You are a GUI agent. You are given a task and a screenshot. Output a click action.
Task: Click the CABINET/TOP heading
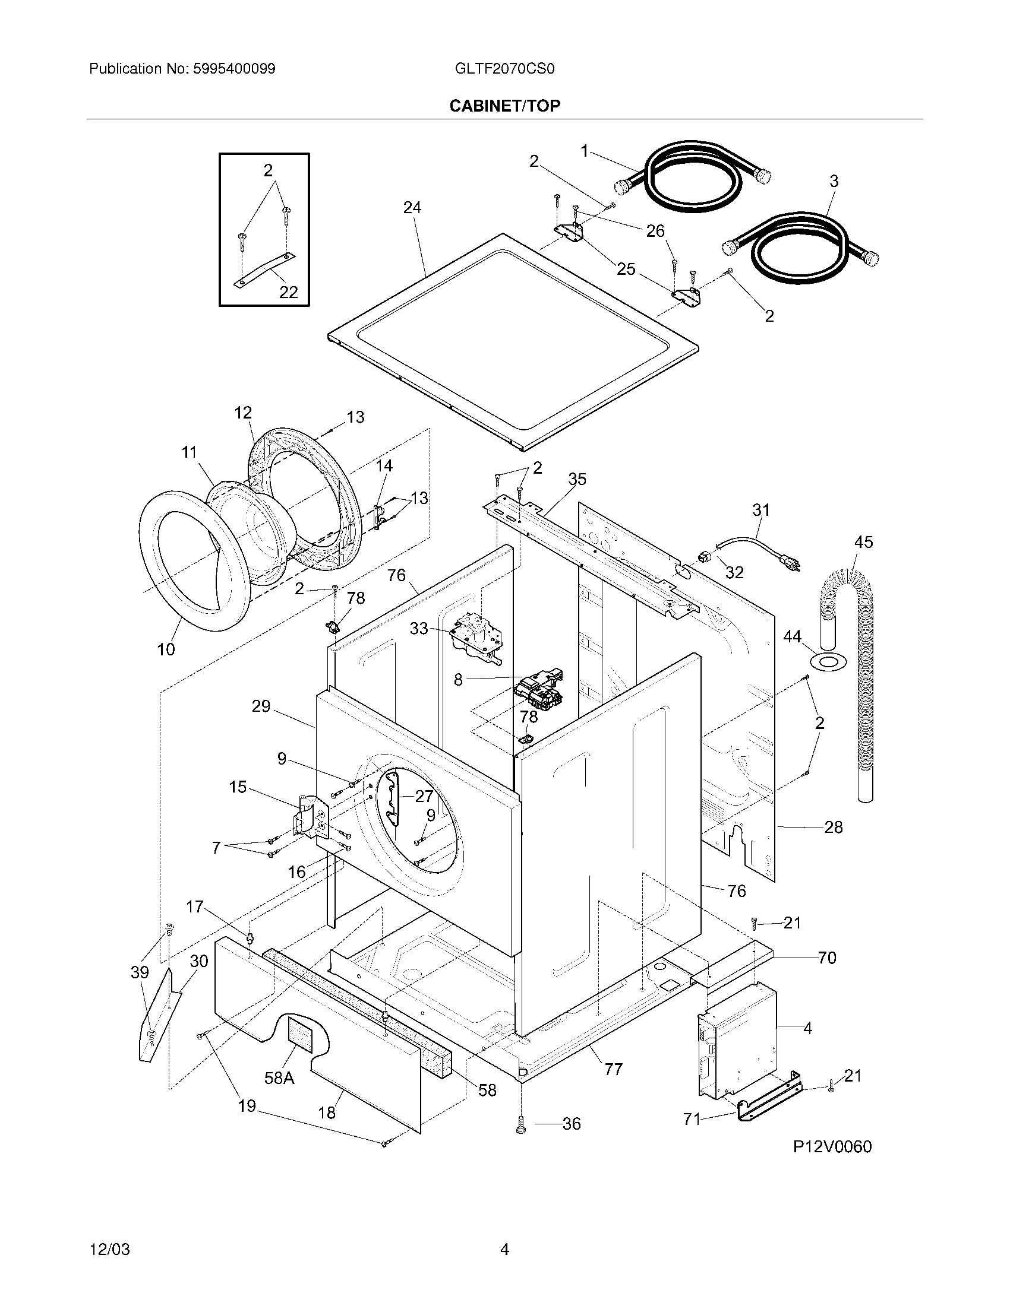pyautogui.click(x=504, y=106)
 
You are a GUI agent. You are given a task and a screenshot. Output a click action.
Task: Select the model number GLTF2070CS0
pyautogui.click(x=504, y=69)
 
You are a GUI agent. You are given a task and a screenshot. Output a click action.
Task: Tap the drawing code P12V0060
pyautogui.click(x=832, y=1146)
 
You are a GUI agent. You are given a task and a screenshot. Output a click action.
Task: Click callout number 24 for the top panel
pyautogui.click(x=412, y=208)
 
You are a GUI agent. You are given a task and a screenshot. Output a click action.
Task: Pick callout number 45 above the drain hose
pyautogui.click(x=863, y=542)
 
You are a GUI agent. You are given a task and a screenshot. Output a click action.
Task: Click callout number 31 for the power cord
pyautogui.click(x=761, y=510)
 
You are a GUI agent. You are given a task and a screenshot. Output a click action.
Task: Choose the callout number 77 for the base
pyautogui.click(x=613, y=1069)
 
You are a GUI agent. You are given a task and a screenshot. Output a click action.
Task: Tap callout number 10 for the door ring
pyautogui.click(x=166, y=649)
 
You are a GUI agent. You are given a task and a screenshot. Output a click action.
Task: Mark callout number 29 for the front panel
pyautogui.click(x=261, y=706)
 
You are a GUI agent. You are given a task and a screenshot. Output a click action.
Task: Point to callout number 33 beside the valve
pyautogui.click(x=419, y=629)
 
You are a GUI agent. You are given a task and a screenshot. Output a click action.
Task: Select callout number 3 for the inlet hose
pyautogui.click(x=834, y=180)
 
